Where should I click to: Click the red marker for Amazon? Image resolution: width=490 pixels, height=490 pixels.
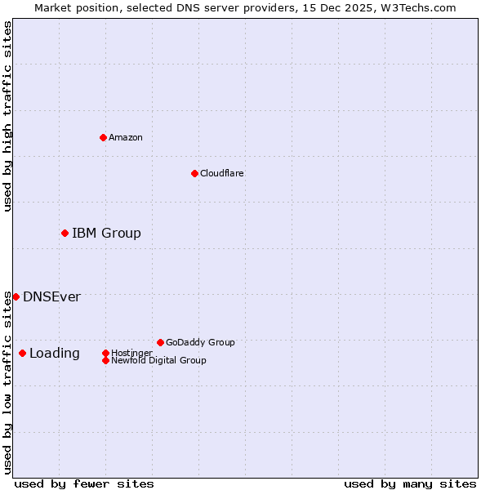coord(103,137)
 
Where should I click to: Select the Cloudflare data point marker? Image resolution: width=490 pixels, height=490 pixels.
coord(194,173)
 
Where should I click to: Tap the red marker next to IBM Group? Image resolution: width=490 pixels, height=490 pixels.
coord(65,234)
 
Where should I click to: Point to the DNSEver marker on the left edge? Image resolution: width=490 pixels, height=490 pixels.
coord(16,296)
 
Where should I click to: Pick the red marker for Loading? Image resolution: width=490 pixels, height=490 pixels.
coord(22,353)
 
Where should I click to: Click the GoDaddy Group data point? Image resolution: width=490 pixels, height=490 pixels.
coord(160,342)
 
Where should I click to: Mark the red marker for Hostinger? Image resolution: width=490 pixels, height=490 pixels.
coord(105,353)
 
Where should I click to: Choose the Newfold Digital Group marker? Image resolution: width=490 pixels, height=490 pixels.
coord(105,360)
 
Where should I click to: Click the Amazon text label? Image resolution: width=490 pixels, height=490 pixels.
coord(126,137)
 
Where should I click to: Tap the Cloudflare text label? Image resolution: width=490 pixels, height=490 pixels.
coord(221,173)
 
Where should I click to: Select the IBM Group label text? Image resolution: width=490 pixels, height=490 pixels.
coord(106,234)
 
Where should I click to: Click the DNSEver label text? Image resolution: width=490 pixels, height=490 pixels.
coord(51,297)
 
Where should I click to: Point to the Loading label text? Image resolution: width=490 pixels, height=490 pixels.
coord(55,354)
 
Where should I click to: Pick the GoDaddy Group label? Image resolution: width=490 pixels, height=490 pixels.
coord(200,342)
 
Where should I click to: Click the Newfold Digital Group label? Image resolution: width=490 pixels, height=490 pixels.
coord(158,360)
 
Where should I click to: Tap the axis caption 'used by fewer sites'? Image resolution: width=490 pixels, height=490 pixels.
coord(84,483)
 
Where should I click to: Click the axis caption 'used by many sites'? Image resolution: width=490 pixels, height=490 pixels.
coord(410,483)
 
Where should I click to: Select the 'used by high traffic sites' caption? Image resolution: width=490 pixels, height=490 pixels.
coord(7,116)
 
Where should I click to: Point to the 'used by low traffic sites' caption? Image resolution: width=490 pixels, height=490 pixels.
coord(7,381)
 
